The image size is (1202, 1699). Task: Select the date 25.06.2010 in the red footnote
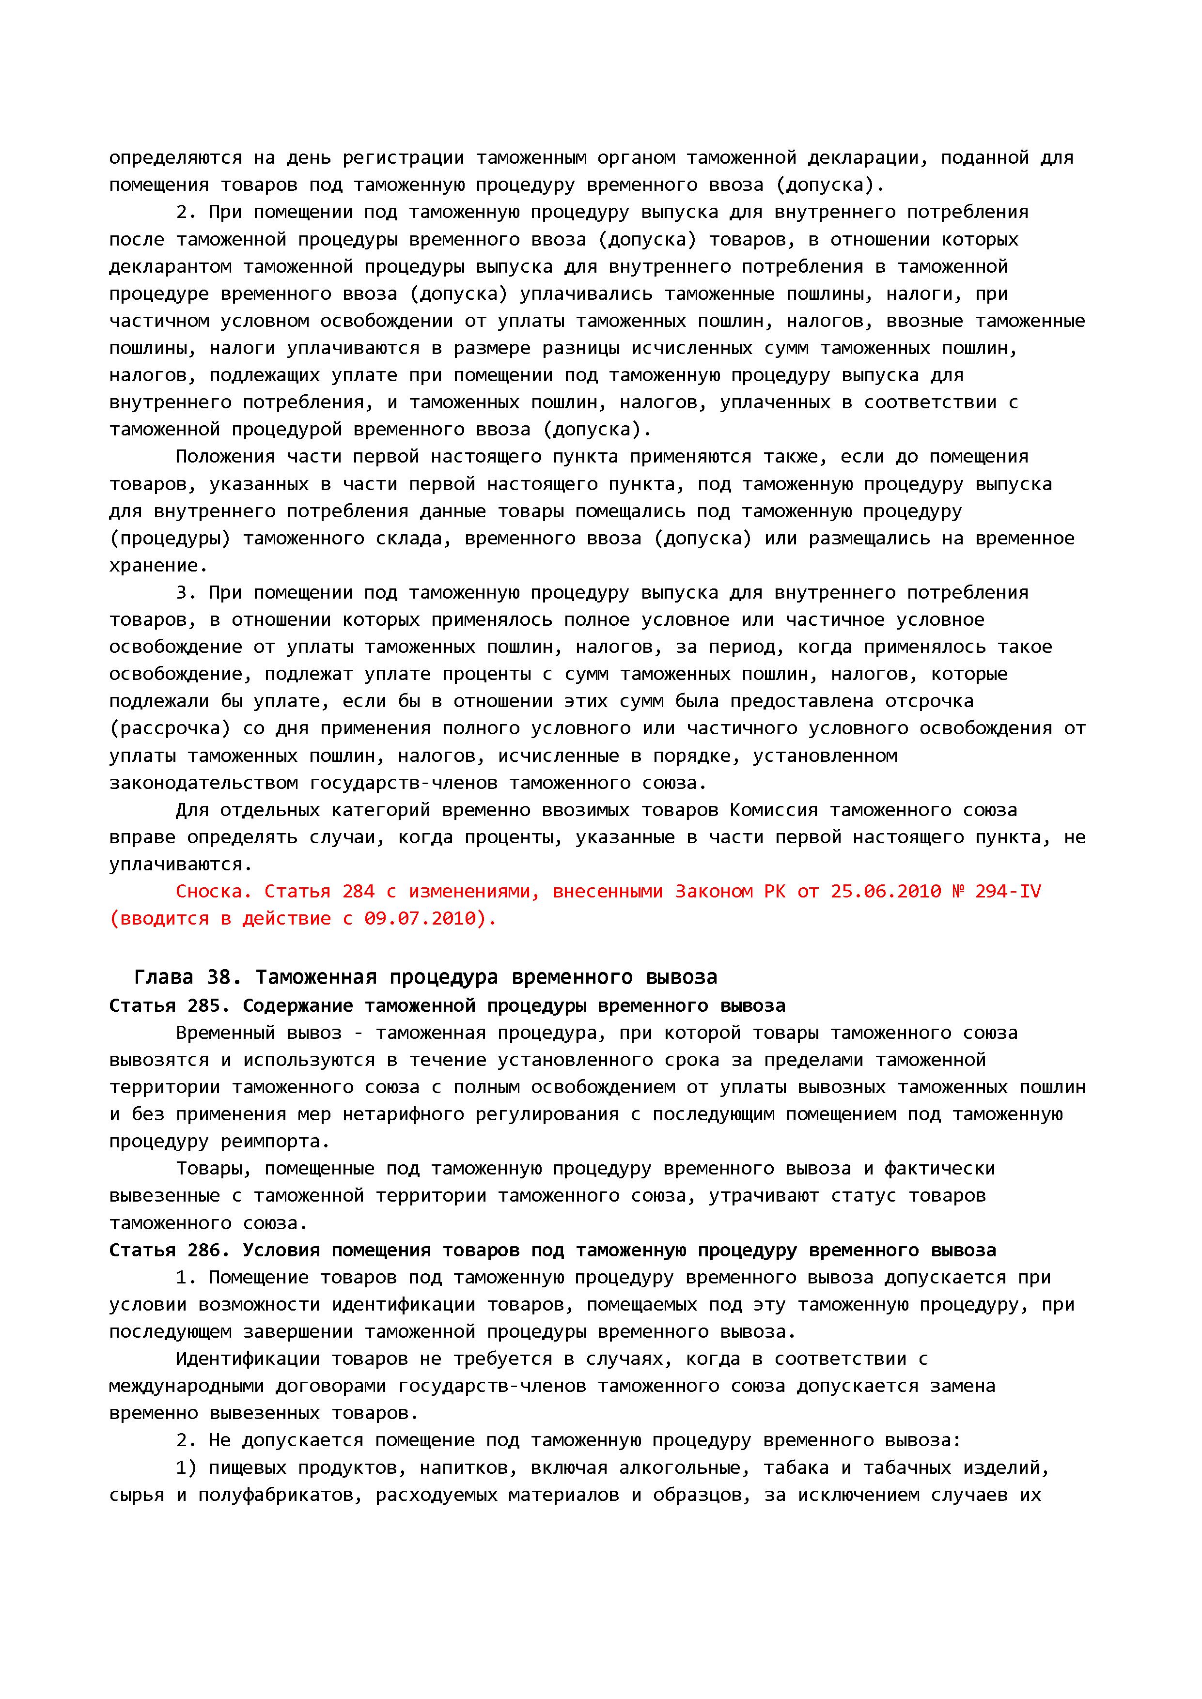click(885, 891)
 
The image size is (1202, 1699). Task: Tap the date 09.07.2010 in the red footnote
click(419, 918)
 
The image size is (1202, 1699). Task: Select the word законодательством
click(203, 783)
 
